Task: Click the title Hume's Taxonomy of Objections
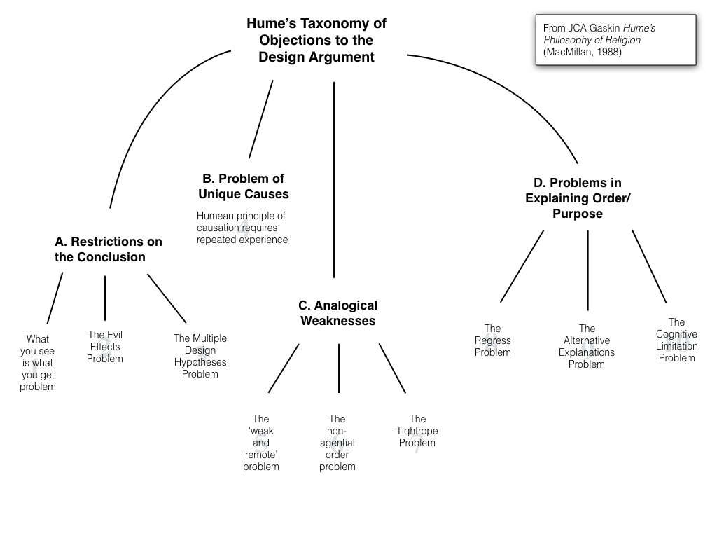[x=316, y=41]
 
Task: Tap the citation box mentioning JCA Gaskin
[x=615, y=40]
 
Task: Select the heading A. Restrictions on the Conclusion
[x=108, y=249]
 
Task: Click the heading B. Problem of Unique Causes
[x=243, y=186]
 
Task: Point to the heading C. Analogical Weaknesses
[x=337, y=313]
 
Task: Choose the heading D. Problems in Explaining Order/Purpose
[x=578, y=198]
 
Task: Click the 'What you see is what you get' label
[x=38, y=363]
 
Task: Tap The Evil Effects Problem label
[x=105, y=347]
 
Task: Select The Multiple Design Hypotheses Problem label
[x=200, y=356]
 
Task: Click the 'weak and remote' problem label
[x=260, y=443]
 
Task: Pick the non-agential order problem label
[x=337, y=443]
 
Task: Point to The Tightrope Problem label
[x=417, y=431]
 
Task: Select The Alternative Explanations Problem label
[x=587, y=346]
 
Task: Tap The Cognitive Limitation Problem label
[x=676, y=340]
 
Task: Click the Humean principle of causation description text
[x=242, y=228]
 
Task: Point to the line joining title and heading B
[x=260, y=119]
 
